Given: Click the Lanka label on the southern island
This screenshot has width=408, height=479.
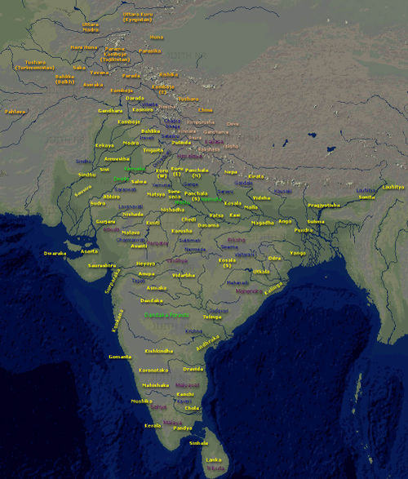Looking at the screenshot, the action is [x=215, y=461].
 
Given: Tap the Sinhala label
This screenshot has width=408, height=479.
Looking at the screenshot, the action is [x=198, y=443].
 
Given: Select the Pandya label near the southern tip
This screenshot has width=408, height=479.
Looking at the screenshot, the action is [x=183, y=427].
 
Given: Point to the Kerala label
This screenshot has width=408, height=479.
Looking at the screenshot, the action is [x=153, y=425].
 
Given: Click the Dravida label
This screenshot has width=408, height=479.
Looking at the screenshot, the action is [x=193, y=369].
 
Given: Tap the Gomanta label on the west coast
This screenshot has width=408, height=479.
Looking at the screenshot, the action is [x=120, y=357].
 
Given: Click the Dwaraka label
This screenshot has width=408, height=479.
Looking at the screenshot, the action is [x=55, y=253].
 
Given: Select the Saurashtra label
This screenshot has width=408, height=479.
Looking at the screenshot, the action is [x=102, y=265].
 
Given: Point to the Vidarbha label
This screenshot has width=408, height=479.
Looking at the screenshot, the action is [x=184, y=275].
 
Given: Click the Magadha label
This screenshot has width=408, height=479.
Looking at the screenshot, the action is [x=262, y=222].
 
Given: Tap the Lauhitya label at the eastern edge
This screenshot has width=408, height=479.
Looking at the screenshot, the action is [x=392, y=187].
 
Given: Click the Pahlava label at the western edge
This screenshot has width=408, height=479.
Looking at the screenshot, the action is [x=16, y=111].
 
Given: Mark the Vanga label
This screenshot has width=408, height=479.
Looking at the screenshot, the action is [x=320, y=253].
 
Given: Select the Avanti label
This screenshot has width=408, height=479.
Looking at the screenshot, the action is [x=139, y=246].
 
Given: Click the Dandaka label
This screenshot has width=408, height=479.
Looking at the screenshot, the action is [x=152, y=301].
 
